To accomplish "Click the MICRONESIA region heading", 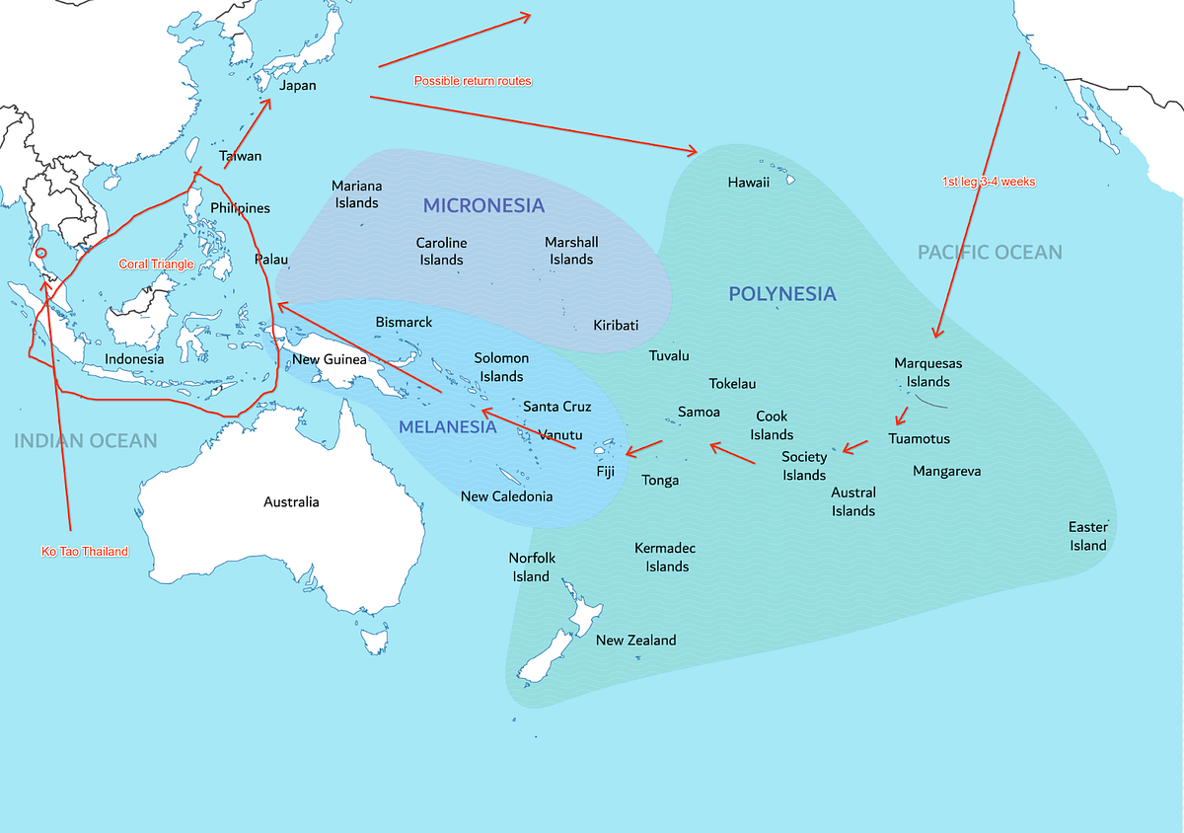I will point(483,205).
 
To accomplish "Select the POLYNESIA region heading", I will point(781,294).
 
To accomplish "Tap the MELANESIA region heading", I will point(447,427).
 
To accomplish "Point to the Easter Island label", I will point(1087,536).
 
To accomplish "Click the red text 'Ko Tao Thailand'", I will point(85,552).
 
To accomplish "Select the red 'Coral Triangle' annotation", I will point(156,265).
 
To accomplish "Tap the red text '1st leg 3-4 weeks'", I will point(988,183).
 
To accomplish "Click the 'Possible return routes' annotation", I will point(473,81).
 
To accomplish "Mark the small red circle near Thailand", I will point(40,254).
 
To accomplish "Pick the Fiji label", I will point(605,472).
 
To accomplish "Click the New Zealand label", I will point(635,641).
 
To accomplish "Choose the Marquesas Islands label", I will point(927,372).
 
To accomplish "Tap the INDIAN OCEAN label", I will point(85,440).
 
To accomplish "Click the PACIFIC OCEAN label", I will point(990,253).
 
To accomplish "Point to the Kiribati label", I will point(616,326).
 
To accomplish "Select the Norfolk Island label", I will point(531,568).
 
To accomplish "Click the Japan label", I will point(297,86).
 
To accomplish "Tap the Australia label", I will point(291,502).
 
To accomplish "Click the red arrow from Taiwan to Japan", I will point(248,133).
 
